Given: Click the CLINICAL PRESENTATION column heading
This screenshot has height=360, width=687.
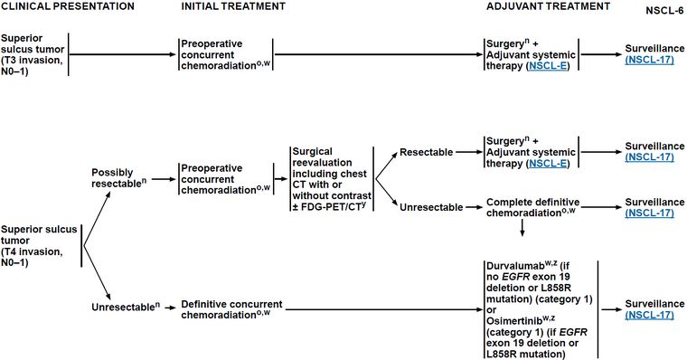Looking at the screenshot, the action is pyautogui.click(x=68, y=6).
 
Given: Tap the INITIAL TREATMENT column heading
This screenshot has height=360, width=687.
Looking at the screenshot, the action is pyautogui.click(x=233, y=6).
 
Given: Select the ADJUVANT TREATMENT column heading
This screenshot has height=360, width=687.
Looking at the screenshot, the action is pyautogui.click(x=548, y=6).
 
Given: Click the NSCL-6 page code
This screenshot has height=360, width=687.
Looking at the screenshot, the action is pyautogui.click(x=664, y=11).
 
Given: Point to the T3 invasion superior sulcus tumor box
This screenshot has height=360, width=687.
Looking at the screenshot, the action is pyautogui.click(x=33, y=54).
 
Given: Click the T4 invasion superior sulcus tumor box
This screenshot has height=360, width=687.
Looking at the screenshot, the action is pyautogui.click(x=39, y=245).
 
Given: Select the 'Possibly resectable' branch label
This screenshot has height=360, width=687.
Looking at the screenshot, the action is pyautogui.click(x=119, y=178).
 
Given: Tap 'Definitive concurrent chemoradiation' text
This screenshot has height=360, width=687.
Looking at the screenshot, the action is pyautogui.click(x=231, y=309).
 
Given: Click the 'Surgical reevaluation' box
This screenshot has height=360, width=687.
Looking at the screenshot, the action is pyautogui.click(x=332, y=179).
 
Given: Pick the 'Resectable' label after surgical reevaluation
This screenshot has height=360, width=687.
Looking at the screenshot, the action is pyautogui.click(x=427, y=152).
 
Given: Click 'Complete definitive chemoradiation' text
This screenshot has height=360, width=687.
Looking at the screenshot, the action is pyautogui.click(x=532, y=207).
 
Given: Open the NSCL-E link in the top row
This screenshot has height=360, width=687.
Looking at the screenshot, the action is pyautogui.click(x=549, y=66).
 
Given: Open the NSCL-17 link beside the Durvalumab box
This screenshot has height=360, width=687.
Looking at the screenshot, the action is pyautogui.click(x=649, y=315).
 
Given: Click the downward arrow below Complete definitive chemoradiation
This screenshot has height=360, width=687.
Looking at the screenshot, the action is pyautogui.click(x=522, y=228).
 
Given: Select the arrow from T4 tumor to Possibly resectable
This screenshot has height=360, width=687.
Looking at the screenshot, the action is pyautogui.click(x=97, y=218).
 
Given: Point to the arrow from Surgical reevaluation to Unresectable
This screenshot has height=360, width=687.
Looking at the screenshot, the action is pyautogui.click(x=387, y=192).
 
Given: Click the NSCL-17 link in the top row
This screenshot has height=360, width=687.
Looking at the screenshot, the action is pyautogui.click(x=649, y=59).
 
